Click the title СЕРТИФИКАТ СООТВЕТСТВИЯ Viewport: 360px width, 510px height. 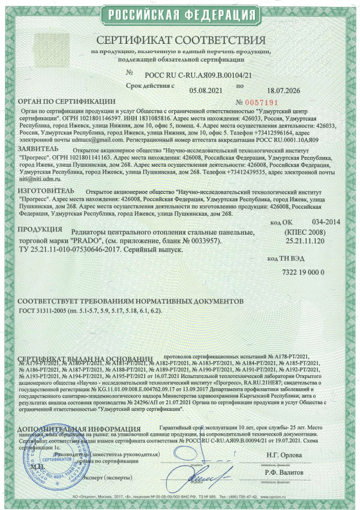click(181, 41)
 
